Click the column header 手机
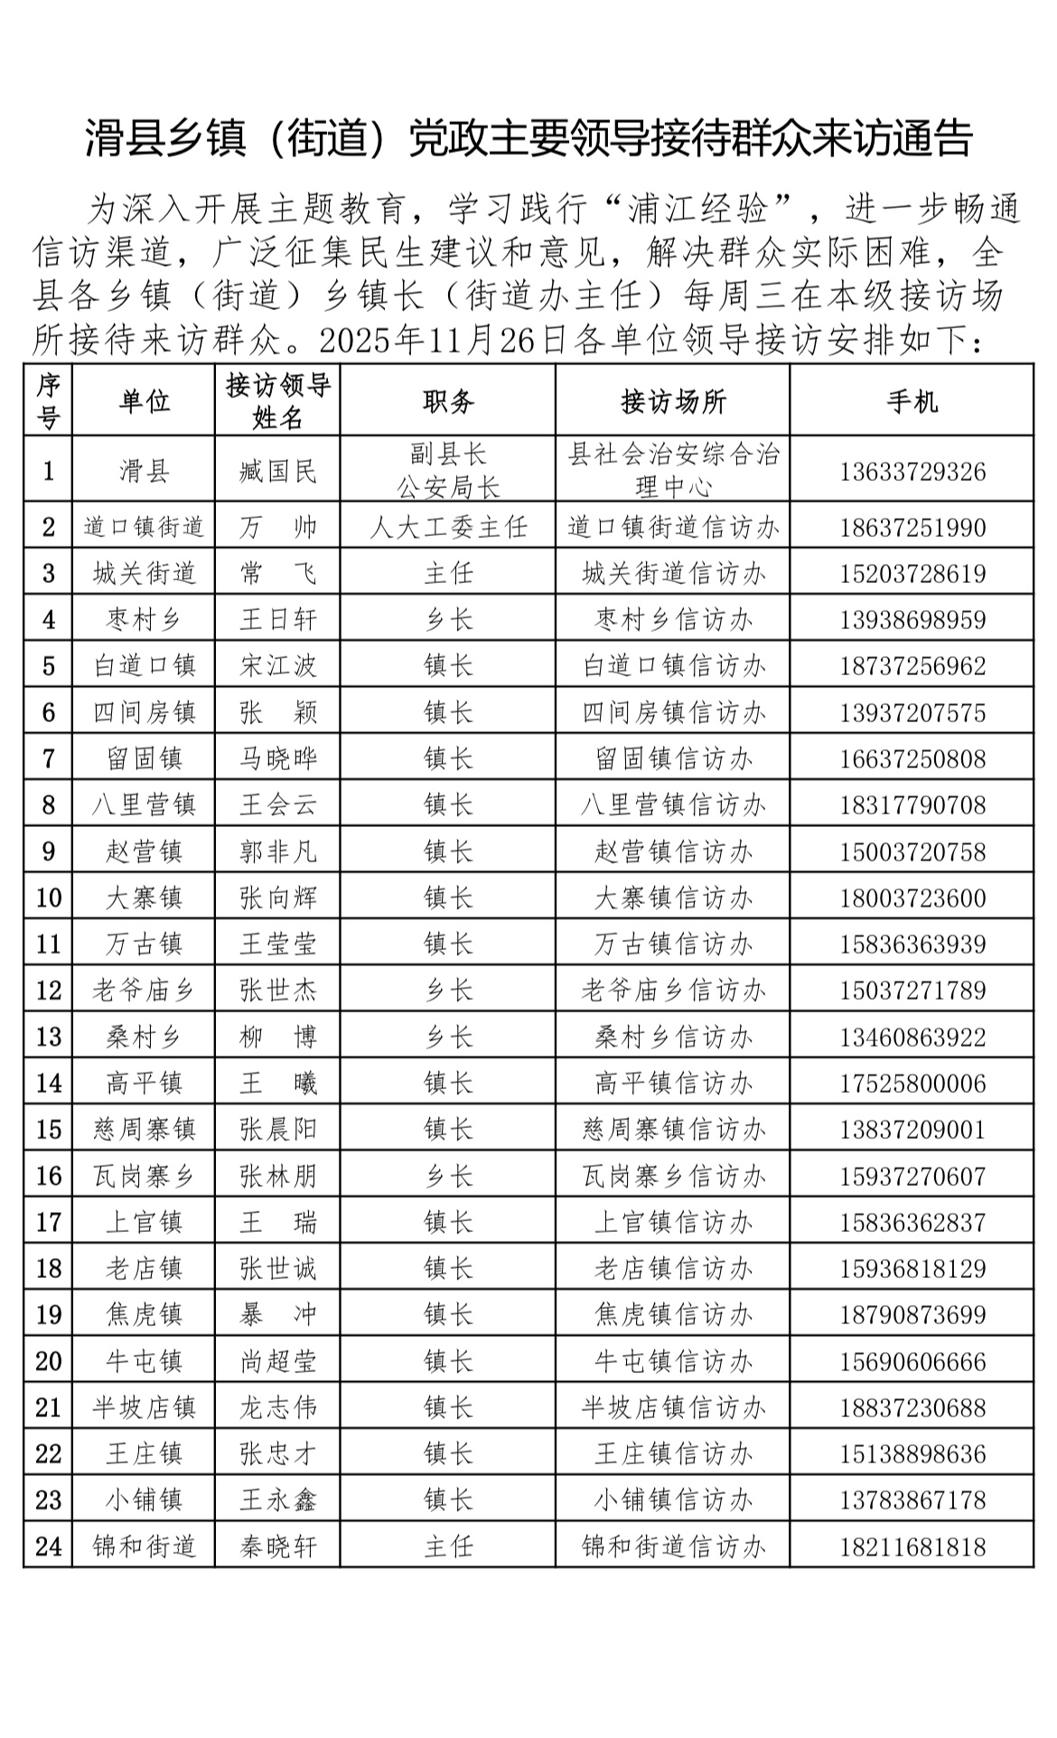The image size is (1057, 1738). (x=912, y=401)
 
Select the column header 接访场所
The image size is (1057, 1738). (x=673, y=401)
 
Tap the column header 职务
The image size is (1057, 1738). (x=448, y=401)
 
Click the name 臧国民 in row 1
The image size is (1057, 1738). (x=278, y=471)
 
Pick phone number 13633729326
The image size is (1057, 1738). (x=912, y=472)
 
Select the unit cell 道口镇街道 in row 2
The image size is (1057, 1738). (x=144, y=527)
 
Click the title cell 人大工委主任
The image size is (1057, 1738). (x=448, y=527)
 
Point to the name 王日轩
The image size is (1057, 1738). (x=278, y=620)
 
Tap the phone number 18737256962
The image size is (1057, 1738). (x=912, y=667)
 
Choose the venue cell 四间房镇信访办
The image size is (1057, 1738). (x=673, y=713)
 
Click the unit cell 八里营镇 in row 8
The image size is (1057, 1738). (x=144, y=805)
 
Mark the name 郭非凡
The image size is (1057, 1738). (x=278, y=851)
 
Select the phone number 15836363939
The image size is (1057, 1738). (x=912, y=944)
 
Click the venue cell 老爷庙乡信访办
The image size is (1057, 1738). (x=673, y=991)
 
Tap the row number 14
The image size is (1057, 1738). (x=49, y=1084)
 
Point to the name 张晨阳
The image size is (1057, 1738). (x=278, y=1130)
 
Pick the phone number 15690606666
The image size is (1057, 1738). (x=912, y=1362)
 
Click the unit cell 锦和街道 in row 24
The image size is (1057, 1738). (x=144, y=1546)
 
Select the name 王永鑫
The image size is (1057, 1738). (x=278, y=1500)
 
